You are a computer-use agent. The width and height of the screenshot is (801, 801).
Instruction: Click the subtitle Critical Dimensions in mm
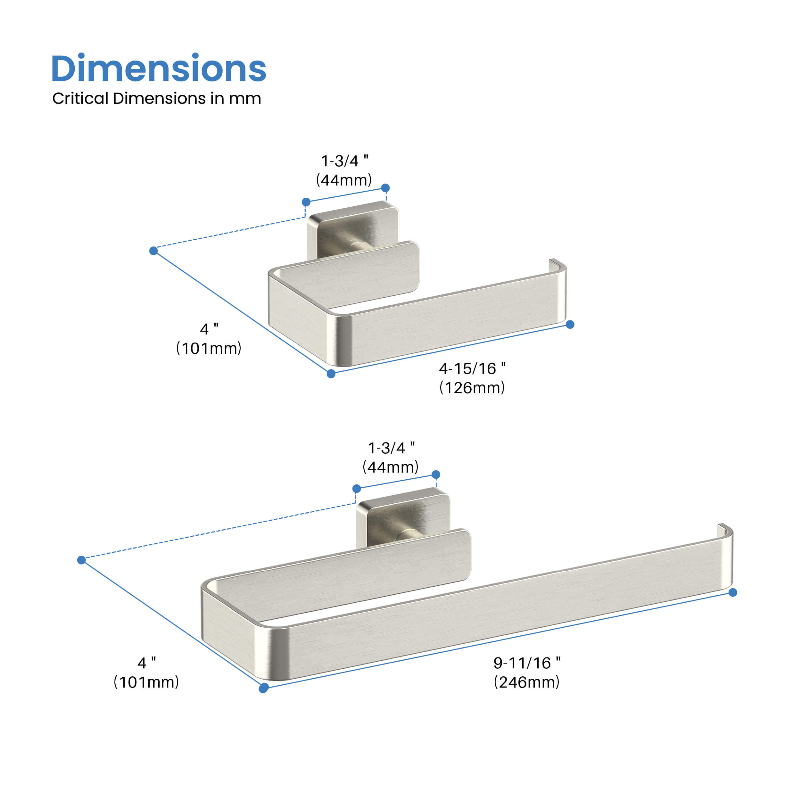[x=156, y=99]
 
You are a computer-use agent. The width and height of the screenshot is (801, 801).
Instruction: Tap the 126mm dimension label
[x=472, y=388]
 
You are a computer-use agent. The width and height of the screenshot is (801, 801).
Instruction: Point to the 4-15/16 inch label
[x=472, y=368]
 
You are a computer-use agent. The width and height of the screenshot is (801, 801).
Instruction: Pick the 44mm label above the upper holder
[x=344, y=180]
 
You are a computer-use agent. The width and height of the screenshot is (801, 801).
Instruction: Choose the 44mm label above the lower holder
[x=391, y=467]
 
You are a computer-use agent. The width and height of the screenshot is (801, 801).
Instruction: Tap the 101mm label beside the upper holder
[x=209, y=348]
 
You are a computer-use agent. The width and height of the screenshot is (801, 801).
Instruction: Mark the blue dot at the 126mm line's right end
[x=570, y=325]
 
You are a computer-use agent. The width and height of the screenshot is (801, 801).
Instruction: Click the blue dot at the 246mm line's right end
[x=732, y=592]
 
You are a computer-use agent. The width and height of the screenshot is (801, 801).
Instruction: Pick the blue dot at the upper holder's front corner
[x=331, y=374]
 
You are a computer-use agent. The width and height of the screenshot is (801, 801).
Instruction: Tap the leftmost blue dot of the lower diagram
[x=82, y=560]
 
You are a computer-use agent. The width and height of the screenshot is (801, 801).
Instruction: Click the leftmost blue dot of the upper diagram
[x=153, y=251]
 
